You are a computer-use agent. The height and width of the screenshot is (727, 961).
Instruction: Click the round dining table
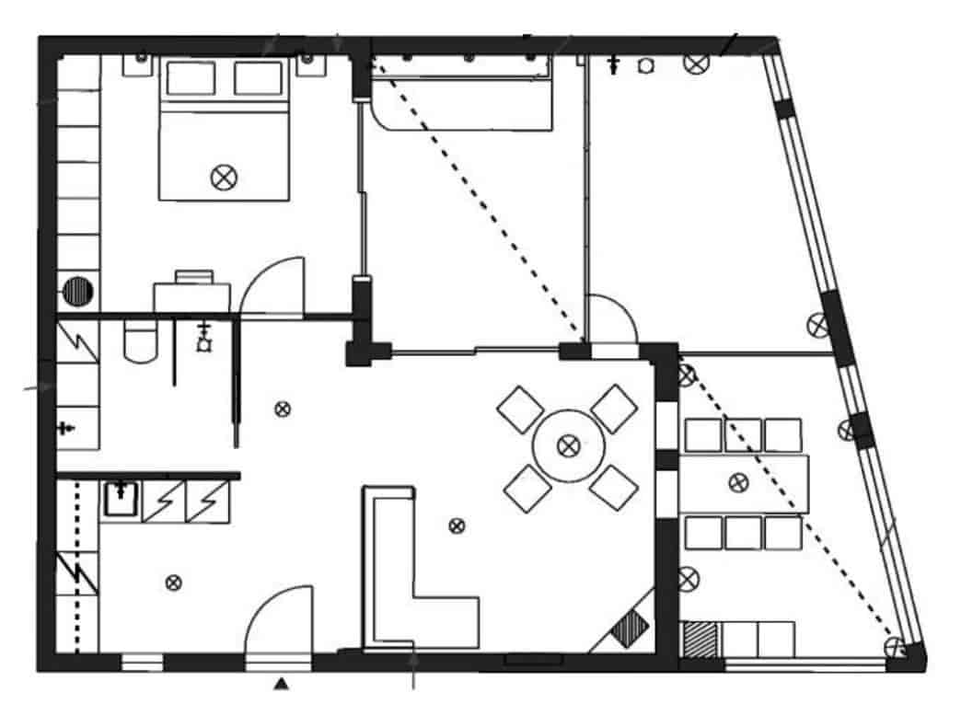pyautogui.click(x=569, y=446)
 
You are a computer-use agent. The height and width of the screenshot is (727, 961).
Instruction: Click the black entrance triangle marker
pyautogui.click(x=283, y=684)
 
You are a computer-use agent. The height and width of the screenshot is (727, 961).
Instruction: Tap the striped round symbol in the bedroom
pyautogui.click(x=79, y=293)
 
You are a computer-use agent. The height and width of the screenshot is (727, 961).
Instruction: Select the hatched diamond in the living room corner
pyautogui.click(x=631, y=630)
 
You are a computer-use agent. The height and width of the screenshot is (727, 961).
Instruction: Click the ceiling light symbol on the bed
pyautogui.click(x=222, y=178)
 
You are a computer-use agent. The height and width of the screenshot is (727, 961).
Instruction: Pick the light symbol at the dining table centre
pyautogui.click(x=569, y=446)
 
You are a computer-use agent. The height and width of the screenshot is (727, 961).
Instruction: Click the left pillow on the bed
pyautogui.click(x=190, y=78)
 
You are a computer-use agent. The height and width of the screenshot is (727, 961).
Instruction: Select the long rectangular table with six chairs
pyautogui.click(x=744, y=483)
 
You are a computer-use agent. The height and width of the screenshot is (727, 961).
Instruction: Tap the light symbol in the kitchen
pyautogui.click(x=172, y=582)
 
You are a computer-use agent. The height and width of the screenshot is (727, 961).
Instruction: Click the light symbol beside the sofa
pyautogui.click(x=456, y=525)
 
